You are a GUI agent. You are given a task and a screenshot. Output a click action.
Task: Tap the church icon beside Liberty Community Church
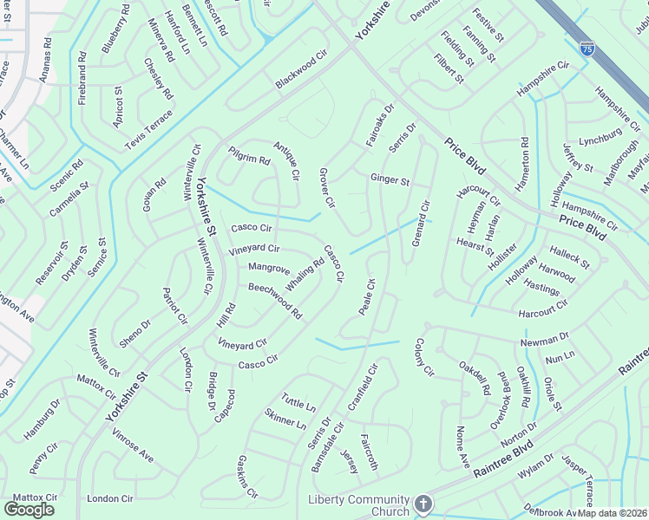[423, 504]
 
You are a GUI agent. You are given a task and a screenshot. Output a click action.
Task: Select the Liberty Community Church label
[359, 505]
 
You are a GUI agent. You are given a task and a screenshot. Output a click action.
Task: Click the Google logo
[29, 509]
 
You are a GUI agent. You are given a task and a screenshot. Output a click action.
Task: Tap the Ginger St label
[390, 180]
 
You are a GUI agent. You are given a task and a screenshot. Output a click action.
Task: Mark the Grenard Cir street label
[421, 223]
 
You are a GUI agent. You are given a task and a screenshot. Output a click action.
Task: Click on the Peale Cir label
[366, 296]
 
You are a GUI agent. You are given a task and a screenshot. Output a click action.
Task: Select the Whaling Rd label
[305, 275]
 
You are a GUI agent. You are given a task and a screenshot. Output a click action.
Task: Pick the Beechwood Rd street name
[275, 300]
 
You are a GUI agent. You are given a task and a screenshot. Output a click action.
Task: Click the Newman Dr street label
[545, 340]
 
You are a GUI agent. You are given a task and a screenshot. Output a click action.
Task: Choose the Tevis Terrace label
[149, 131]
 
